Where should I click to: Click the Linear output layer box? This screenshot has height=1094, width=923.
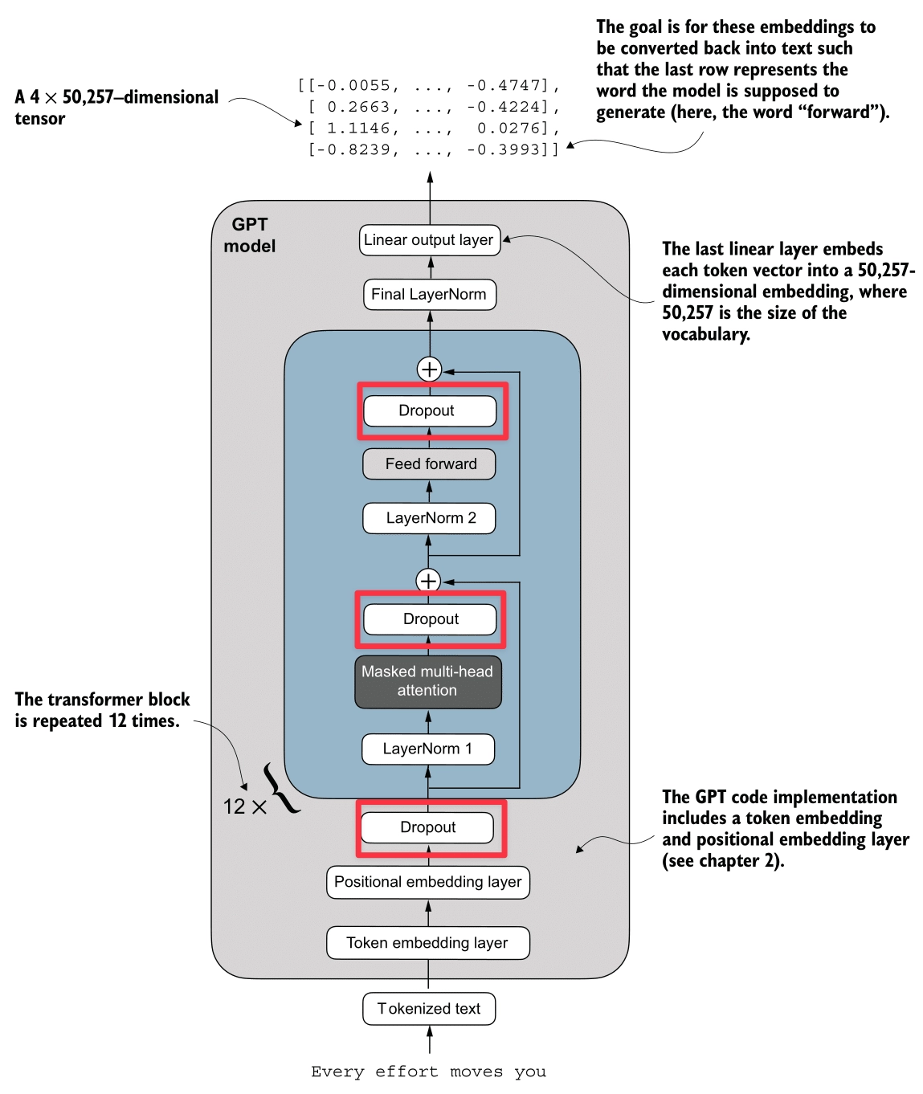pyautogui.click(x=430, y=240)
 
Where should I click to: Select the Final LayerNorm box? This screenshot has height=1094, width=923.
pyautogui.click(x=430, y=294)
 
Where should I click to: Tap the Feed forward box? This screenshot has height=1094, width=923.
pyautogui.click(x=429, y=464)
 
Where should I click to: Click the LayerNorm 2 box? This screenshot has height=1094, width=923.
pyautogui.click(x=429, y=518)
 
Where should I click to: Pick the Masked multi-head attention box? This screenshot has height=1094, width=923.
pyautogui.click(x=428, y=681)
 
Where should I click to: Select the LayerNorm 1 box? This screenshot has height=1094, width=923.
pyautogui.click(x=428, y=749)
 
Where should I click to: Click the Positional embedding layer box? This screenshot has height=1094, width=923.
pyautogui.click(x=428, y=882)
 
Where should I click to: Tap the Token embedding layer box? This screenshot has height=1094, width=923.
pyautogui.click(x=428, y=943)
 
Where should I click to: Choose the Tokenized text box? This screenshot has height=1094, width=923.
pyautogui.click(x=429, y=1009)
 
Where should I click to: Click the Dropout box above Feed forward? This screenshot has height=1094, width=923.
pyautogui.click(x=430, y=410)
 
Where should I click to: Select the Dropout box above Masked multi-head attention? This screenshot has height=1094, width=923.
pyautogui.click(x=430, y=619)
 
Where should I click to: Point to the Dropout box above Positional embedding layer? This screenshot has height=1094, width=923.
pyautogui.click(x=428, y=827)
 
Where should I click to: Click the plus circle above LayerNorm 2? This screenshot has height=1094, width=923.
pyautogui.click(x=428, y=580)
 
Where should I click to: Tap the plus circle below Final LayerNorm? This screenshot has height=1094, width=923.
pyautogui.click(x=430, y=369)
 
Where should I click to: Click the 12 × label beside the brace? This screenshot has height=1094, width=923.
pyautogui.click(x=244, y=806)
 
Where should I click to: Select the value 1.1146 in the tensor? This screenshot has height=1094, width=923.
pyautogui.click(x=358, y=129)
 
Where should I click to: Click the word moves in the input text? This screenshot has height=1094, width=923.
pyautogui.click(x=476, y=1072)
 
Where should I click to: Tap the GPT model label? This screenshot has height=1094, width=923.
pyautogui.click(x=249, y=235)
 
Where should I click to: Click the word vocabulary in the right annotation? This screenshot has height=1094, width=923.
pyautogui.click(x=705, y=334)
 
